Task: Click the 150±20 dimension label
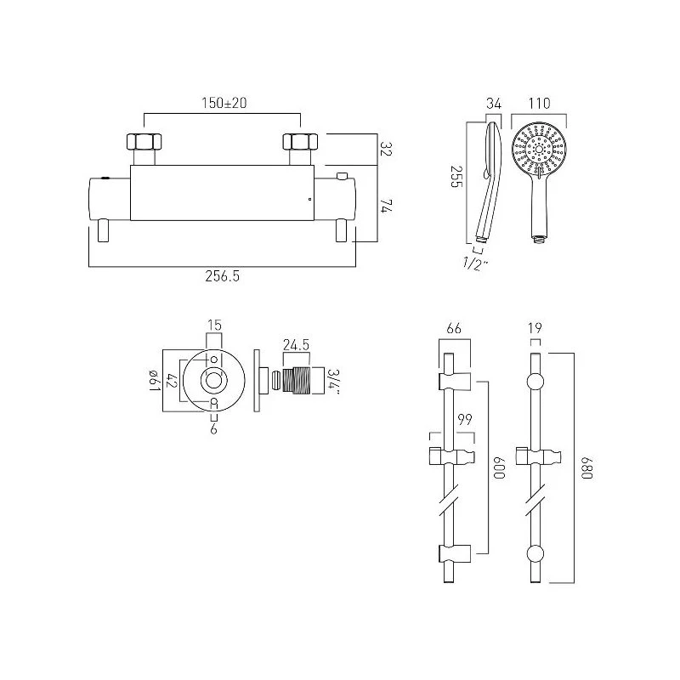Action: (224, 103)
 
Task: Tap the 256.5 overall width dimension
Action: (222, 275)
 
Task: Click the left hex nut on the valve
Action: (144, 142)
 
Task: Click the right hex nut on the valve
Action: (300, 142)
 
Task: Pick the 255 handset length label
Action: (456, 177)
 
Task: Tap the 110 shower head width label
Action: (539, 103)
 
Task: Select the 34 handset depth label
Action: (494, 104)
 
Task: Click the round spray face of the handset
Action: (539, 150)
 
